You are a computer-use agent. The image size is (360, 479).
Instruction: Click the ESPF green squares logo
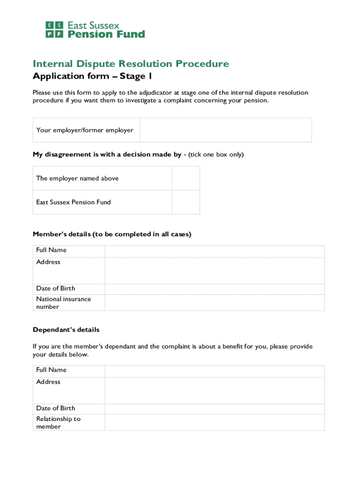55,29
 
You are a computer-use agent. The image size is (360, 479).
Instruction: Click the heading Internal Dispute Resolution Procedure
131,64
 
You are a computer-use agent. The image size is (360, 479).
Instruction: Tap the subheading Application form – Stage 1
92,76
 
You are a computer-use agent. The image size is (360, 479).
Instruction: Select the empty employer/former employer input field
225,130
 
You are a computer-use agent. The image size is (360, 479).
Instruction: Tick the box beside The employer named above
186,178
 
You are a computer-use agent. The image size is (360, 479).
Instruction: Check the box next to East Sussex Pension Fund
186,202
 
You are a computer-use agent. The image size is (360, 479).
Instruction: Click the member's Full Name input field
214,251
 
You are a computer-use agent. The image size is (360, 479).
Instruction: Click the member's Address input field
214,270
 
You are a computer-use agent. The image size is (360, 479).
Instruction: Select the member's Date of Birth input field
214,289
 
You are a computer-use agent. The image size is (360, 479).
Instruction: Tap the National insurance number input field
214,302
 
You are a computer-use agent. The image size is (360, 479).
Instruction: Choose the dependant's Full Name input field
214,371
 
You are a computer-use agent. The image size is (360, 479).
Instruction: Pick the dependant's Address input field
214,390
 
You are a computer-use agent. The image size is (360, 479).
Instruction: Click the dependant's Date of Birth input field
214,408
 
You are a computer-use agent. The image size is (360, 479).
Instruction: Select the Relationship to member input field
214,422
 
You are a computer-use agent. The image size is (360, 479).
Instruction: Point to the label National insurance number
64,303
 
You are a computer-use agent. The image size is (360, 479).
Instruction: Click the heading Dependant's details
66,330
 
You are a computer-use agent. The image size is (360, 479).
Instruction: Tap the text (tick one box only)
216,154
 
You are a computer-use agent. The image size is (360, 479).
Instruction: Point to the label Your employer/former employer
85,130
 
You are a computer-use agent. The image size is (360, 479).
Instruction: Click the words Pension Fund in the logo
107,34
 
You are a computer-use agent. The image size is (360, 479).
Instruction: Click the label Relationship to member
58,422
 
